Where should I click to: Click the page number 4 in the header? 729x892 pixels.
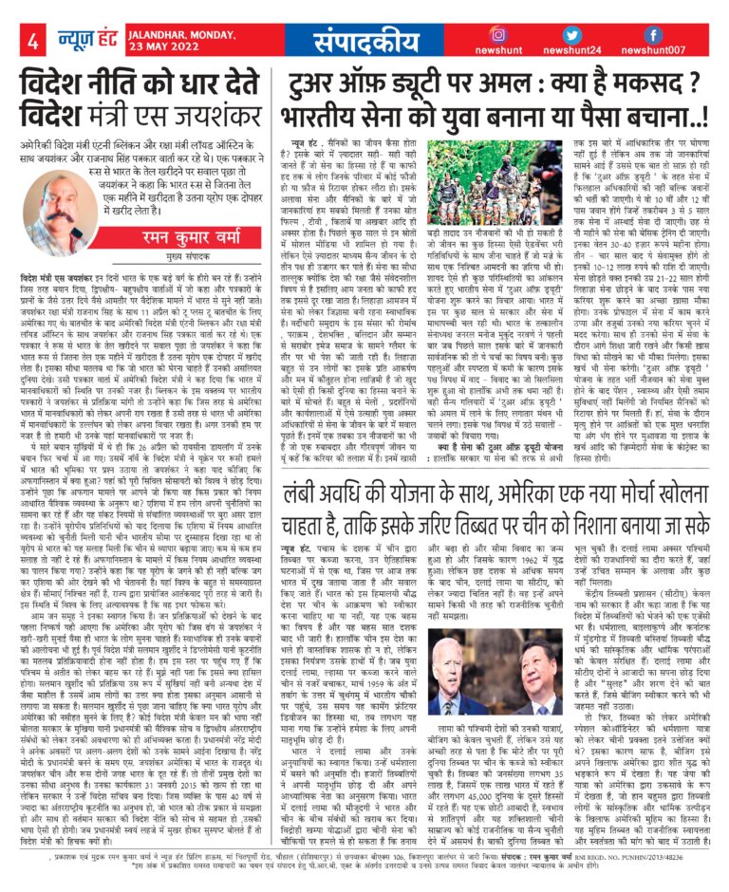31,41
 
